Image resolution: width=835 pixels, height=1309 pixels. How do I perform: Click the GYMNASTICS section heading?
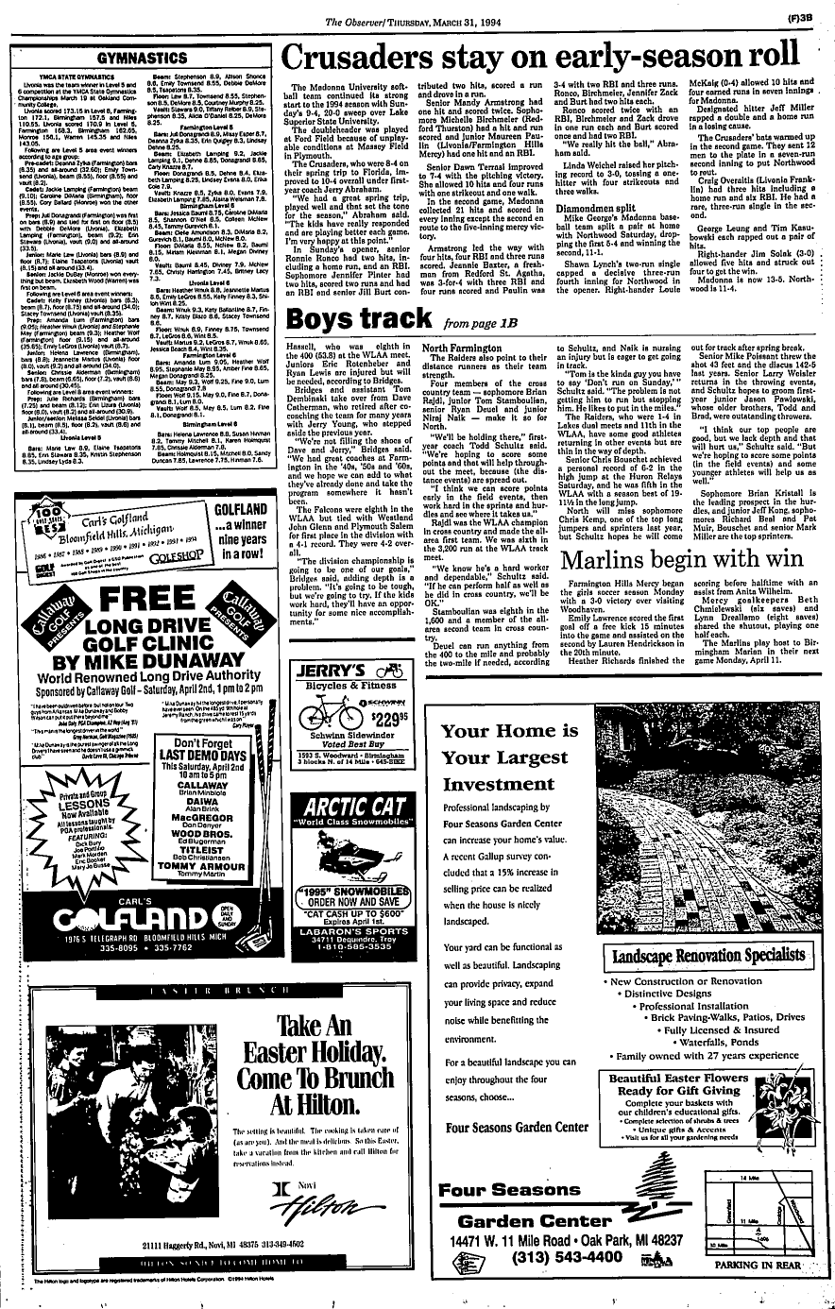[142, 59]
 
